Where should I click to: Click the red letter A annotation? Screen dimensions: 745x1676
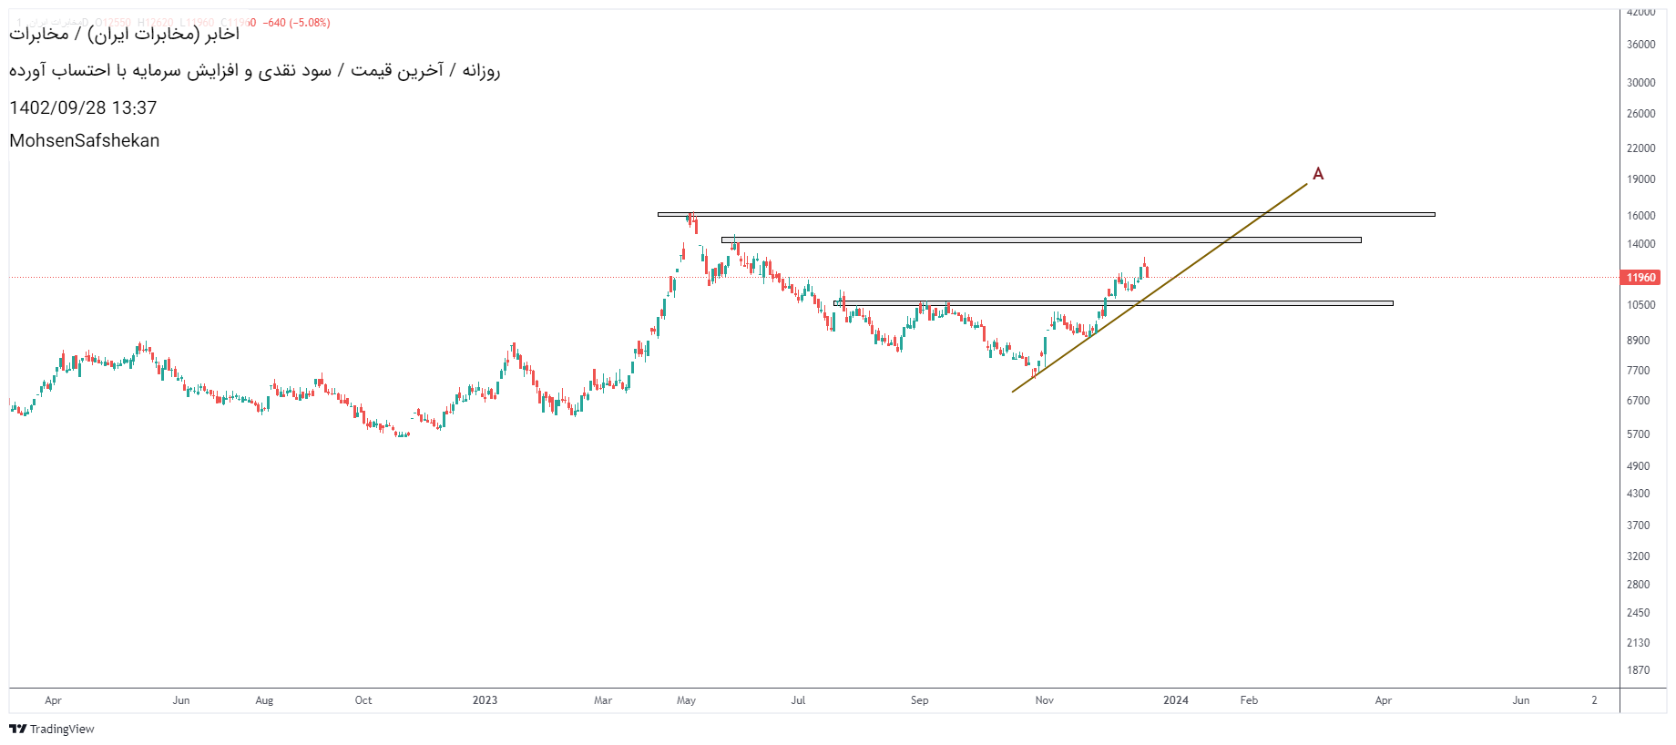coord(1317,173)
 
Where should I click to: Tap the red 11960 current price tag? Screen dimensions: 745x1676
coord(1640,278)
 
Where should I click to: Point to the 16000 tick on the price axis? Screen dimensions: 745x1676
coord(1641,216)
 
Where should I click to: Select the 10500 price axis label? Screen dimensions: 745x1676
coord(1641,305)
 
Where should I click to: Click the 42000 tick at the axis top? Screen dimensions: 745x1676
coord(1641,13)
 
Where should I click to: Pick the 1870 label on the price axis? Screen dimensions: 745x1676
coord(1639,670)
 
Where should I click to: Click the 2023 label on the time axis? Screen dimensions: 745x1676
coord(485,700)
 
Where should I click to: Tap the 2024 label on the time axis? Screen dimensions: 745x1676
coord(1175,700)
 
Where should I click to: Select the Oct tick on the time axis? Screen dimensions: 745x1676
coord(363,700)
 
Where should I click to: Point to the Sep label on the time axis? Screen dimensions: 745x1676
coord(919,700)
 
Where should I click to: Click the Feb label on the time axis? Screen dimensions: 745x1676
coord(1249,700)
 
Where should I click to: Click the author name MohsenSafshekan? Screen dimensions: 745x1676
coord(85,140)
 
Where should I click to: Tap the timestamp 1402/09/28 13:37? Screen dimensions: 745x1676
coord(83,107)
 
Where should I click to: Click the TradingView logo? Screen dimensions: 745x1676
coord(52,729)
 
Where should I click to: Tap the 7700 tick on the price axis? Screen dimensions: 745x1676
coord(1639,371)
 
